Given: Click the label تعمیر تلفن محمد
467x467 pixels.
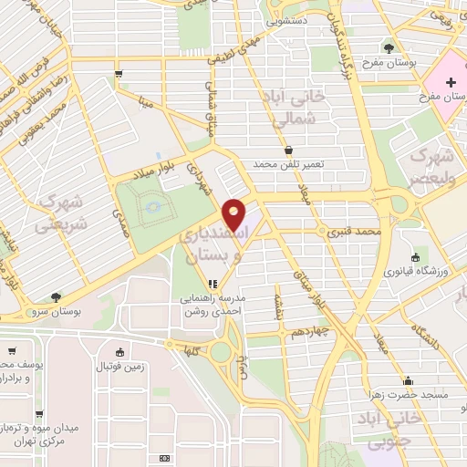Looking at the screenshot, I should [x=289, y=165].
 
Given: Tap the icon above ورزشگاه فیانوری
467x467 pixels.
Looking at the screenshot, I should [x=416, y=257].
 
